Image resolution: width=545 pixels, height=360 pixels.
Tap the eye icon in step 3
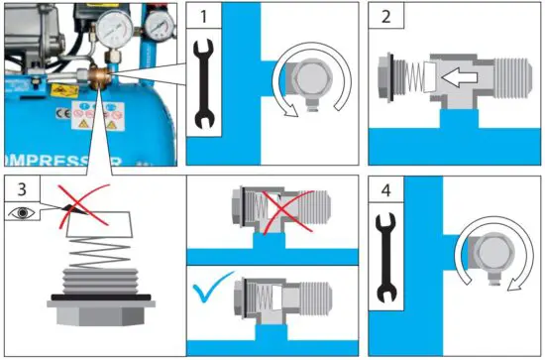[21, 210]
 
